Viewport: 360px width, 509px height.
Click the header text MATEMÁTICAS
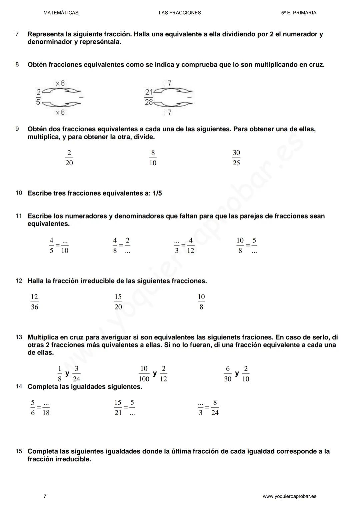coord(61,13)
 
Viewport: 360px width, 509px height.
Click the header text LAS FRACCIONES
coord(180,13)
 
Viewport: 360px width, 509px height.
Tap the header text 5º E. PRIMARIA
coord(298,13)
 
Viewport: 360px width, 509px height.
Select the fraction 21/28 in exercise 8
coord(149,97)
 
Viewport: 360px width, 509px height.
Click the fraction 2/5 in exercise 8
coord(38,97)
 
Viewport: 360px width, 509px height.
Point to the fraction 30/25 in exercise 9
coord(236,158)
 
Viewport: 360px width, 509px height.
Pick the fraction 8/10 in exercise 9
coord(153,158)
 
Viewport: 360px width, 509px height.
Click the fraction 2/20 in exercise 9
coord(69,158)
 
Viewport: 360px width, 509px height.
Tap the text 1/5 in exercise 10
coord(157,194)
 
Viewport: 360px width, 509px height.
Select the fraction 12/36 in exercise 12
coord(34,302)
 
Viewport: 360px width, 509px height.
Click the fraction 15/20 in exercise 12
coord(118,302)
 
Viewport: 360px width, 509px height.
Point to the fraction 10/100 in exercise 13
coord(144,374)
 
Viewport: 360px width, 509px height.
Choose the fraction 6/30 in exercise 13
coord(228,374)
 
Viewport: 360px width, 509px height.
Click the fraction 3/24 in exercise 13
coord(76,374)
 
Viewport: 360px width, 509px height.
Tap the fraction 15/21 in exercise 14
coord(118,408)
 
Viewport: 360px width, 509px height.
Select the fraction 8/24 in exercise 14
coord(215,408)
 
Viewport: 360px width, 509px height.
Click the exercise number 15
coord(19,451)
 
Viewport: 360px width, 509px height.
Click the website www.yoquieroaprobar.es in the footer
coord(289,496)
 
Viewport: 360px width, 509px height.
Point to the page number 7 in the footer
coord(45,496)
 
